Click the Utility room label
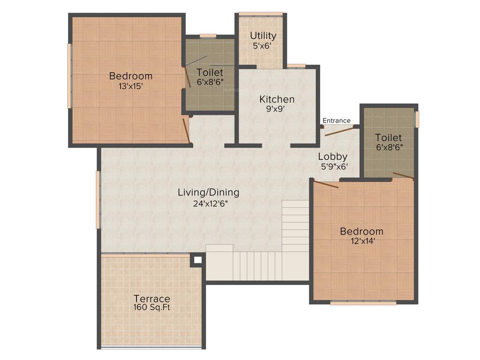(263, 36)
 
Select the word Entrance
(337, 120)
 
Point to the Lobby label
(333, 157)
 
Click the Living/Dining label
(209, 192)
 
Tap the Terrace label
(152, 299)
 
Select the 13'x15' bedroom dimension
(131, 86)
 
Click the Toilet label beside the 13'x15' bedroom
(210, 72)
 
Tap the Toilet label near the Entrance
(389, 137)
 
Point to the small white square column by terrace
(198, 259)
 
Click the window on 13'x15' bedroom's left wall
(69, 76)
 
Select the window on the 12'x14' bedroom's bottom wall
(363, 303)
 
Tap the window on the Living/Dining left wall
(98, 200)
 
